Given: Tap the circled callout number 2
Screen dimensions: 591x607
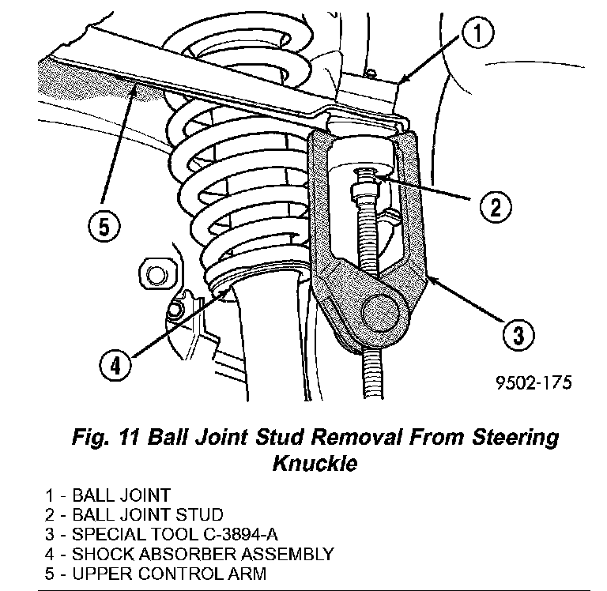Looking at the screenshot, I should pos(493,208).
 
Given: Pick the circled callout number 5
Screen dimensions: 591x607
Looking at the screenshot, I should pos(104,228).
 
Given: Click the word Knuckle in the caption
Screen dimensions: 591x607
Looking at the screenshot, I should pos(315,462).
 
